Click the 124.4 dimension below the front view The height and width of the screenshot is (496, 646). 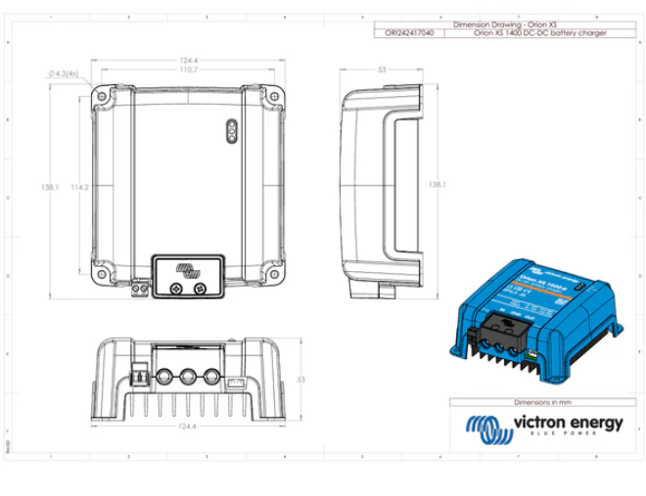(176, 428)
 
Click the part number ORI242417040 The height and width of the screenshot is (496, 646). (403, 33)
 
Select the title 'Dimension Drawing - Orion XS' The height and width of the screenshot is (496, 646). (506, 21)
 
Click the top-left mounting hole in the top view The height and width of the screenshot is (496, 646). (102, 97)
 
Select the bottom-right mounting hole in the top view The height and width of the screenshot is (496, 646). (270, 277)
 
